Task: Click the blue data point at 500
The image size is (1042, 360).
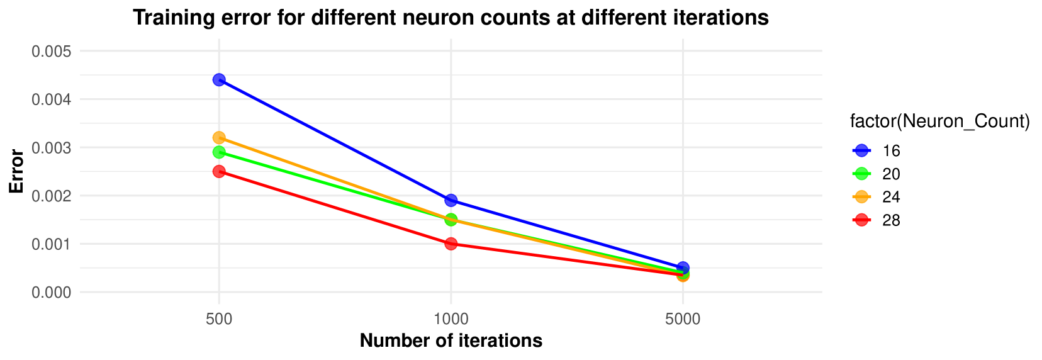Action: click(x=219, y=80)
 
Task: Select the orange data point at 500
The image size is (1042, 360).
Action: click(x=219, y=138)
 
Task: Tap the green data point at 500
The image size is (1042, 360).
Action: click(x=219, y=152)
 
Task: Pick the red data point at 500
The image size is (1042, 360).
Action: click(x=219, y=171)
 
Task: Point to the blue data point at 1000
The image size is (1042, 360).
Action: click(x=451, y=201)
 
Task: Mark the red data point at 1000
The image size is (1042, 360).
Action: click(x=451, y=244)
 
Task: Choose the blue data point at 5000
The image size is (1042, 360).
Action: click(x=683, y=268)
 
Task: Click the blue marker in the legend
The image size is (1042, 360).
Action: click(x=861, y=150)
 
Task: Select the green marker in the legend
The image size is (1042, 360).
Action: click(x=861, y=174)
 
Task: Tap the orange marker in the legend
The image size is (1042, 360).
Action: click(x=861, y=197)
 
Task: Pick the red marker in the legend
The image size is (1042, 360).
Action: click(x=861, y=220)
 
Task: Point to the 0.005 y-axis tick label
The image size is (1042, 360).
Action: click(x=52, y=51)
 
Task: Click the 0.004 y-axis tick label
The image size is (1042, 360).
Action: click(x=52, y=99)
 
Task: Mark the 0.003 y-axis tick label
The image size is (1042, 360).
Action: click(x=52, y=148)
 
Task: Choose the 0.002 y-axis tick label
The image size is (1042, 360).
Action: click(x=52, y=196)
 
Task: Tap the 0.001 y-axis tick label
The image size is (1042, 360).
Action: click(x=52, y=244)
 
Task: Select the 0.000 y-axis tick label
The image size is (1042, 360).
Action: click(x=52, y=292)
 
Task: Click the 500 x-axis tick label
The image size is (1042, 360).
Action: click(x=219, y=319)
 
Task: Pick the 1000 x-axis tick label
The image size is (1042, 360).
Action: click(x=451, y=319)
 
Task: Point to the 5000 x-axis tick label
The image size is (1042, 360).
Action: click(x=683, y=319)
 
